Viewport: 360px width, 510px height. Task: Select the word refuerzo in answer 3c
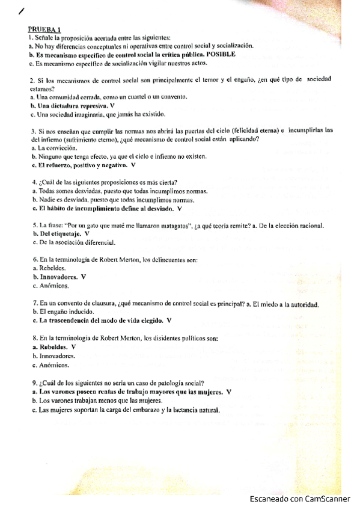coord(57,165)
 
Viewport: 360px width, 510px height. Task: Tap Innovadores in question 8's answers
coord(57,355)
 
